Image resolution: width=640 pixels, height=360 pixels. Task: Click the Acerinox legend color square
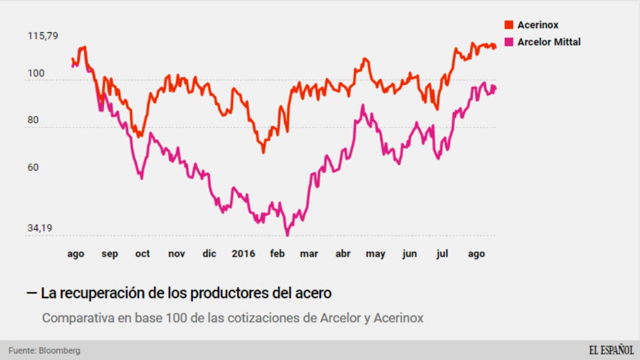(x=509, y=25)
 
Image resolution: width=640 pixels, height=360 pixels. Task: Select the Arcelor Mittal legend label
(x=548, y=42)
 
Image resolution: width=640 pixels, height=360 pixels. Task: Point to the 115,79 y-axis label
(x=43, y=36)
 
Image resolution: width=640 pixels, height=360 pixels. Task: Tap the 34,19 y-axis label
(x=40, y=228)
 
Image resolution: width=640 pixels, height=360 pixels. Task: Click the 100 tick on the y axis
(x=36, y=73)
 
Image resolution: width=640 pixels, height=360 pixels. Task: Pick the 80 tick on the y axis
(x=33, y=120)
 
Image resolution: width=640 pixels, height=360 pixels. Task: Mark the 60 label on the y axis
(x=33, y=167)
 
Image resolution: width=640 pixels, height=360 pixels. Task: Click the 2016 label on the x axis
(x=243, y=254)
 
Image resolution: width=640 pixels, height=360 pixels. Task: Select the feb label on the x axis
(x=277, y=254)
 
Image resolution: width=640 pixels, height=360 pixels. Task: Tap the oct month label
(x=142, y=254)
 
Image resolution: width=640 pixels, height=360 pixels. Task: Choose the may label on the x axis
(x=375, y=254)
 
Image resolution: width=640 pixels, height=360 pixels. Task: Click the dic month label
(x=209, y=254)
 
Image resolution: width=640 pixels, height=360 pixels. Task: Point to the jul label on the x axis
(x=442, y=254)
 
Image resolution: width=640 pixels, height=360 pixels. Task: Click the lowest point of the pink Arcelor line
(x=287, y=235)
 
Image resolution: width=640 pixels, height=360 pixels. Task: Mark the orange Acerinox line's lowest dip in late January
(x=263, y=152)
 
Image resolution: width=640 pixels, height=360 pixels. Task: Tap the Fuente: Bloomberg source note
(x=44, y=351)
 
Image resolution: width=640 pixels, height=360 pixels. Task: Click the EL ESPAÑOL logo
(x=611, y=350)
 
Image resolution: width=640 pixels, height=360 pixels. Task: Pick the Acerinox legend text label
(x=538, y=25)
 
